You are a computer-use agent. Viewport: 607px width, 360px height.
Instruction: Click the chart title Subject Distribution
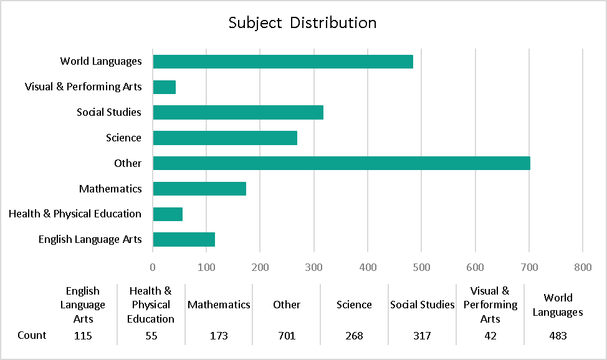(302, 23)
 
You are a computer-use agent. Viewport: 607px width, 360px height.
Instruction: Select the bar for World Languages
(283, 61)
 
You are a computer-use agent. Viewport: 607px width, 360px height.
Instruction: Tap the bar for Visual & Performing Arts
(165, 87)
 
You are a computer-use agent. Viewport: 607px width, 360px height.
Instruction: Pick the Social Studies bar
(238, 112)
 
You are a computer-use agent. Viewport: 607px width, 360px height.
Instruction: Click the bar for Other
(342, 163)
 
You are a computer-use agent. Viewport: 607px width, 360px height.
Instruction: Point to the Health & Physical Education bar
(168, 214)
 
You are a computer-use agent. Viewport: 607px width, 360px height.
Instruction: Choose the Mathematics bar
(199, 189)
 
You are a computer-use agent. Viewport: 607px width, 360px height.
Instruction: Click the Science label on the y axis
(123, 138)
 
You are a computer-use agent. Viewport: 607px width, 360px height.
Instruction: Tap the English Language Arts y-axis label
(90, 239)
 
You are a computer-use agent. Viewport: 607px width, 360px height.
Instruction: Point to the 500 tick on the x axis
(421, 267)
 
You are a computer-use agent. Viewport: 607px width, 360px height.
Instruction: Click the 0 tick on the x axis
(153, 267)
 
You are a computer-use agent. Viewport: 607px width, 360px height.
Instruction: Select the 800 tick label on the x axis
(583, 267)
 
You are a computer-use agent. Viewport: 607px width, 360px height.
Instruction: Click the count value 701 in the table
(287, 336)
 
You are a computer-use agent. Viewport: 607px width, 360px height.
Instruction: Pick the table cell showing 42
(490, 336)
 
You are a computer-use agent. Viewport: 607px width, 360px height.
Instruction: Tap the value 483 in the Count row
(558, 336)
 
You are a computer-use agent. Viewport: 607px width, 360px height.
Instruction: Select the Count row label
(32, 335)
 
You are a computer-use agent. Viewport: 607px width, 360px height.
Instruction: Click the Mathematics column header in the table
(219, 305)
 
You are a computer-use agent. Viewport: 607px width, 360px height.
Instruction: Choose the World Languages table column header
(558, 305)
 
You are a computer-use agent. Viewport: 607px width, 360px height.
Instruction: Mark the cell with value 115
(83, 336)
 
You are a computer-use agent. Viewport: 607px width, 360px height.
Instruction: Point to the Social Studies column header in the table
(422, 305)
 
